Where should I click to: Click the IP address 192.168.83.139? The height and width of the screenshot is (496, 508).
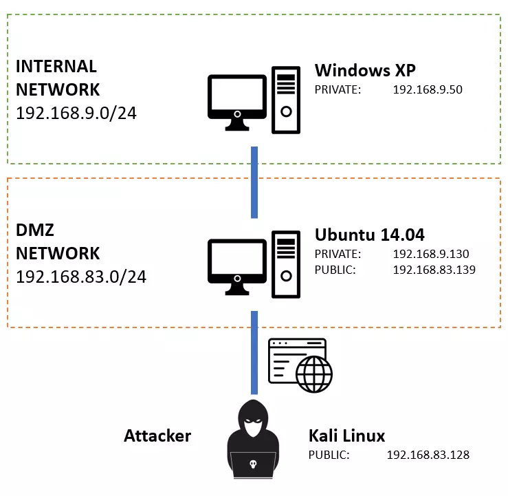434,270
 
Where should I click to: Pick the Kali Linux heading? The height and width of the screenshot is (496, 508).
347,436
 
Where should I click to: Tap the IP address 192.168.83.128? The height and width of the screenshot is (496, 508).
428,455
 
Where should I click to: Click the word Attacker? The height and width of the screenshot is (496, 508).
157,435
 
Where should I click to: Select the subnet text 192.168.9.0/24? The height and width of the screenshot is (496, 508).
76,112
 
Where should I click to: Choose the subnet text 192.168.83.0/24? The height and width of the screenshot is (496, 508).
81,277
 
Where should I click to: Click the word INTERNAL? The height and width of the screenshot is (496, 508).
56,67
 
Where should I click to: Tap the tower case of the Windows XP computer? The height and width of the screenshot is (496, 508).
287,100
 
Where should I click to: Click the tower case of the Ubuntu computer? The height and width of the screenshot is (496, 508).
287,265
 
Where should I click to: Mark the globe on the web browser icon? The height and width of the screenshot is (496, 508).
314,373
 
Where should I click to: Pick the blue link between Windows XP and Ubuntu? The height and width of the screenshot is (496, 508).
254,182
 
